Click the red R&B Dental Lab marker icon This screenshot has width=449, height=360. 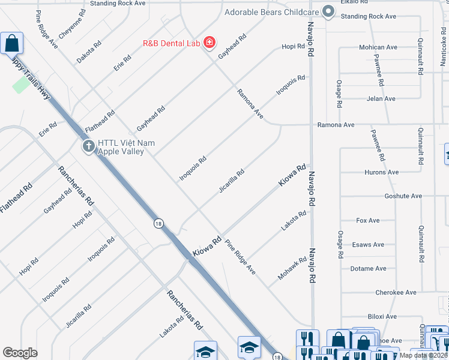tap(209, 43)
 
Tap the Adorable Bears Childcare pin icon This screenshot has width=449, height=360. tap(328, 12)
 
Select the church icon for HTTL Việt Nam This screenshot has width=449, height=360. tap(88, 146)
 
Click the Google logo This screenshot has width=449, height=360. tap(20, 352)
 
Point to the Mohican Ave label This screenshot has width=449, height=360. tap(379, 47)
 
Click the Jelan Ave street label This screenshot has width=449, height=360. tap(381, 98)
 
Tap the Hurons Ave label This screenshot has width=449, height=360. tap(382, 172)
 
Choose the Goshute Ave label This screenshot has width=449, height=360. tap(403, 196)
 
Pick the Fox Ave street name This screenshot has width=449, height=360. tap(368, 221)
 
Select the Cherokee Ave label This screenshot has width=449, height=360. tap(396, 293)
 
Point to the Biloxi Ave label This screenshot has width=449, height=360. tap(382, 316)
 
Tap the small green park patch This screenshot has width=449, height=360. tap(22, 84)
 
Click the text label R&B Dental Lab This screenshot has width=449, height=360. tap(172, 43)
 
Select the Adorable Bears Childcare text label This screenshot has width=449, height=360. tap(271, 12)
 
